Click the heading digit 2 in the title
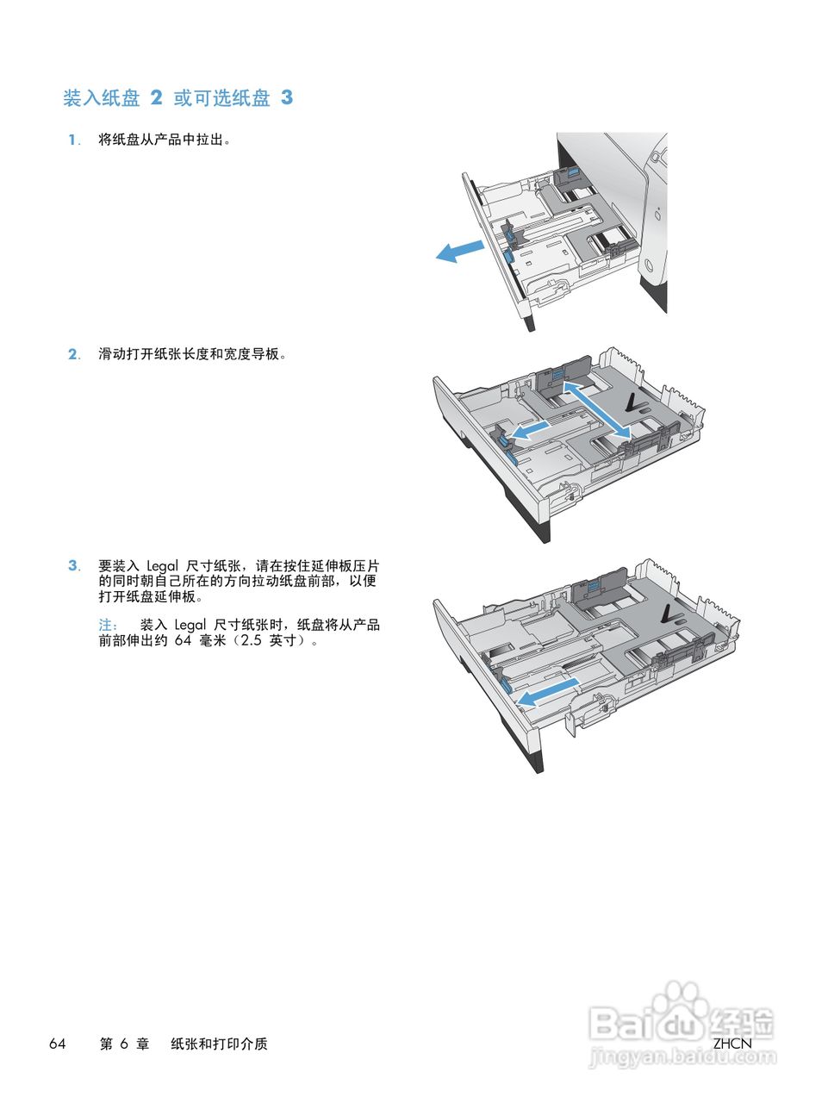pos(156,98)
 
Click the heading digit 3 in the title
pos(286,98)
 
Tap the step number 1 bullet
pos(73,140)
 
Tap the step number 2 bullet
pos(73,354)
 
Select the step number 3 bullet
pos(73,566)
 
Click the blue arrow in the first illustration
pos(460,252)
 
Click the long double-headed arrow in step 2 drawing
pos(595,408)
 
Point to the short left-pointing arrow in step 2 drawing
pos(527,428)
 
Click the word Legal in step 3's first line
pos(162,566)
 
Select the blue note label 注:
pos(108,625)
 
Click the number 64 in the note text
pos(183,640)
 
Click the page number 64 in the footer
pos(58,1044)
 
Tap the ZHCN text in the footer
pos(732,1044)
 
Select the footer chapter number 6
pos(124,1044)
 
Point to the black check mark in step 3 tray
pos(665,614)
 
